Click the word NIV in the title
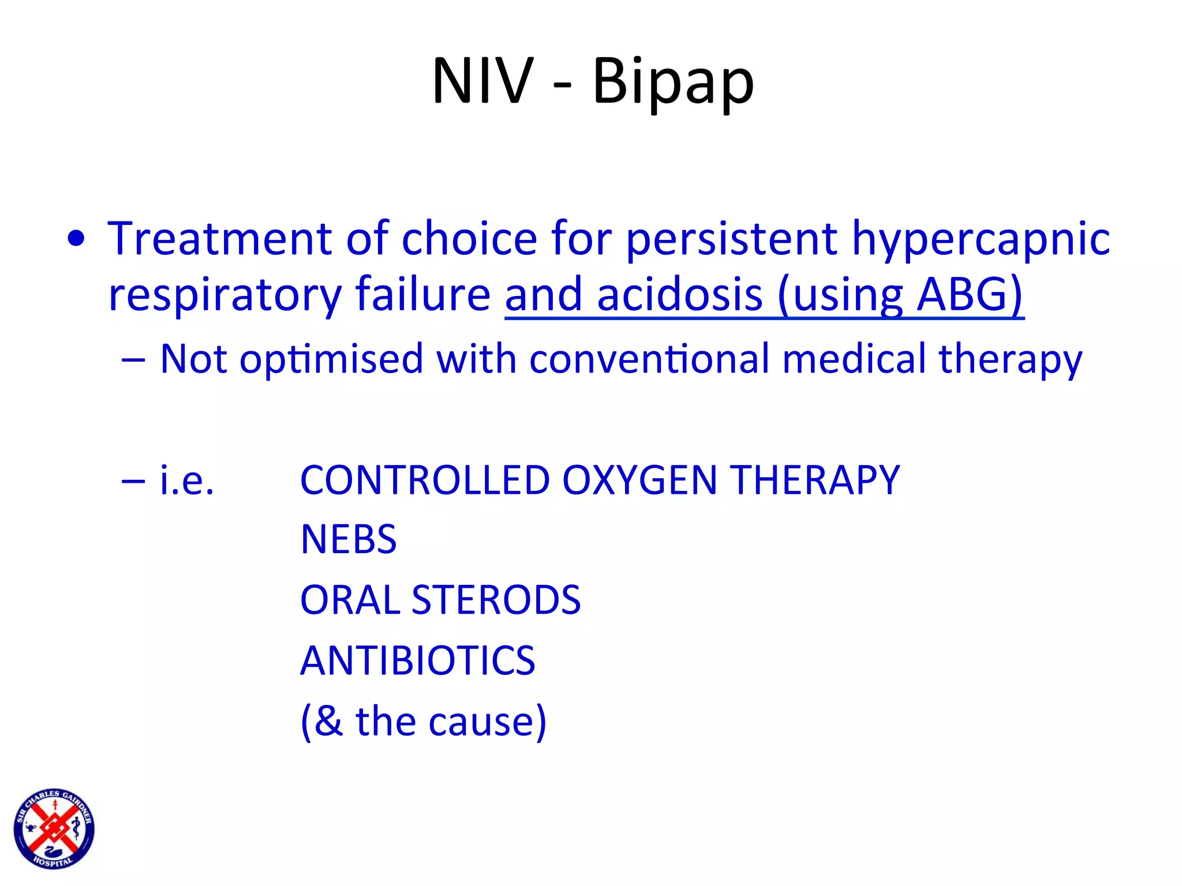[x=482, y=81]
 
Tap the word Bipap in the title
[x=673, y=82]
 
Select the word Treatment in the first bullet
[x=219, y=239]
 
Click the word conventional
[x=649, y=359]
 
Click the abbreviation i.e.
[x=187, y=480]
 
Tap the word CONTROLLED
[x=425, y=480]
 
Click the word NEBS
[x=349, y=540]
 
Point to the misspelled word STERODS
[x=496, y=600]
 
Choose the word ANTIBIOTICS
[x=418, y=660]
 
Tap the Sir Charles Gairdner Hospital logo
[x=54, y=828]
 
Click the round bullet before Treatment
[x=76, y=239]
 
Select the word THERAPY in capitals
[x=814, y=480]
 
